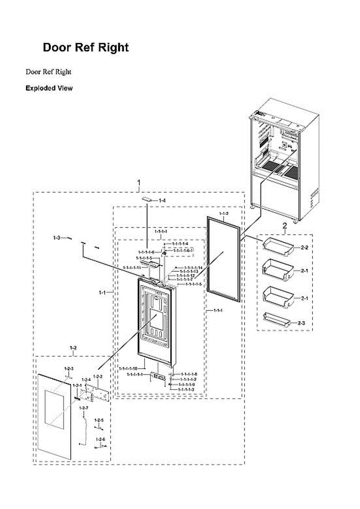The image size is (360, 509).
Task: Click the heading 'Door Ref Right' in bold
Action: coord(86,48)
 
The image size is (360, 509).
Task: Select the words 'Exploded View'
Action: coord(49,88)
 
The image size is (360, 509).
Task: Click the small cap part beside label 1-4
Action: coord(147,199)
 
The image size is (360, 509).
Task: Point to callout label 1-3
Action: coord(56,238)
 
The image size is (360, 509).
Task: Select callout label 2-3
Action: coord(301,323)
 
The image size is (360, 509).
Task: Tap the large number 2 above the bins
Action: coord(285,225)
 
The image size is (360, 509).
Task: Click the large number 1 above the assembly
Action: coord(139,183)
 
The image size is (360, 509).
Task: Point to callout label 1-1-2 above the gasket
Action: coord(223,213)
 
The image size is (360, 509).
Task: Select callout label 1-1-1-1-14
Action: coord(193,268)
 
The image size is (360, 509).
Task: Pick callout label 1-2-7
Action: coord(84,408)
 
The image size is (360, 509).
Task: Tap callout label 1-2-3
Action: coord(69,369)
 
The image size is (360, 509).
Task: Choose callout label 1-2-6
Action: coord(100,439)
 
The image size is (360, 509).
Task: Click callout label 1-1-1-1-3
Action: coord(186,389)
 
